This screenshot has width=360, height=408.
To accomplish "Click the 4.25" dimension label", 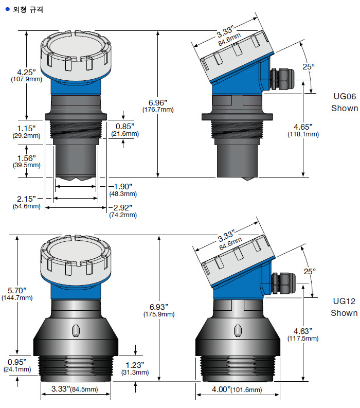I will click(26, 72).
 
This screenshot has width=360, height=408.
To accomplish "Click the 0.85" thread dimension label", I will click(124, 126).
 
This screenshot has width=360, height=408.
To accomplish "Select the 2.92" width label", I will click(122, 207).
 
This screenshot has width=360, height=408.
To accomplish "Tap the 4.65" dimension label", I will click(302, 127).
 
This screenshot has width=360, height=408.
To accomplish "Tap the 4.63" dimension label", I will click(302, 330).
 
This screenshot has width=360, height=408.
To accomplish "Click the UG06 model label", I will click(345, 96).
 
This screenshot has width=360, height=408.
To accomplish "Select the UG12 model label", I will click(345, 300).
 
